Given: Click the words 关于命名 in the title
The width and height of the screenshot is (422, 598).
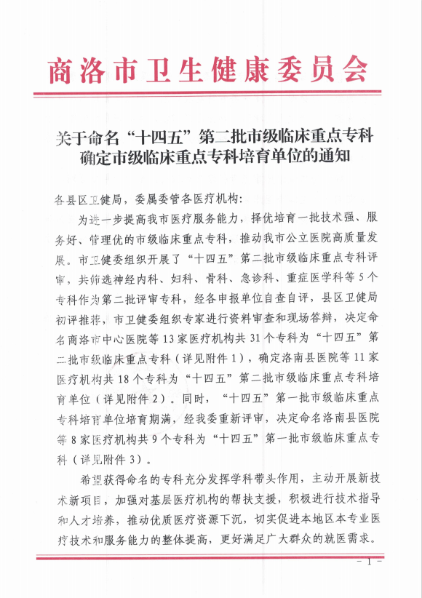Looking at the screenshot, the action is (84, 136).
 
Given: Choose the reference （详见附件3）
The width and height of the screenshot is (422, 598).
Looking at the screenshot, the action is (111, 459).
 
